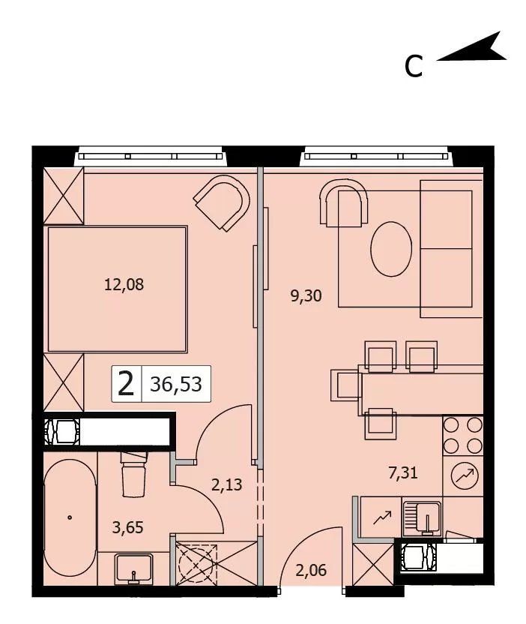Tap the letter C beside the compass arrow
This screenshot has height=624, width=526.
click(x=414, y=67)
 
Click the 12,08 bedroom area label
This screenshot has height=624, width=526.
click(x=124, y=284)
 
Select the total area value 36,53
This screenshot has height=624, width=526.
click(x=176, y=384)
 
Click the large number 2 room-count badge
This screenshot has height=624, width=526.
click(x=127, y=384)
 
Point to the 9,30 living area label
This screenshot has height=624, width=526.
click(x=306, y=296)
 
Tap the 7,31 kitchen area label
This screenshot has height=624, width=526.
click(x=403, y=472)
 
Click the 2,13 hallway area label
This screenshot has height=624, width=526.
click(x=226, y=485)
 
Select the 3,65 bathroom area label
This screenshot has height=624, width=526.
click(x=127, y=528)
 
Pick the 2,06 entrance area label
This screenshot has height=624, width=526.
click(x=311, y=570)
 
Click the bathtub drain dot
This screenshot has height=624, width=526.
click(x=70, y=517)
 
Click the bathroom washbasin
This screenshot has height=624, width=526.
click(x=133, y=568)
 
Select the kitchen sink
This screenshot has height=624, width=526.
click(x=423, y=518)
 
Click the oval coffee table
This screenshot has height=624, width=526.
click(x=391, y=249)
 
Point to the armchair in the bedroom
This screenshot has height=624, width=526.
click(x=222, y=203)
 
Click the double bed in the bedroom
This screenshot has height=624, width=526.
click(x=118, y=289)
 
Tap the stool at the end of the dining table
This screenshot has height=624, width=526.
click(x=345, y=385)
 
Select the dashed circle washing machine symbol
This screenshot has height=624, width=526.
click(x=197, y=563)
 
